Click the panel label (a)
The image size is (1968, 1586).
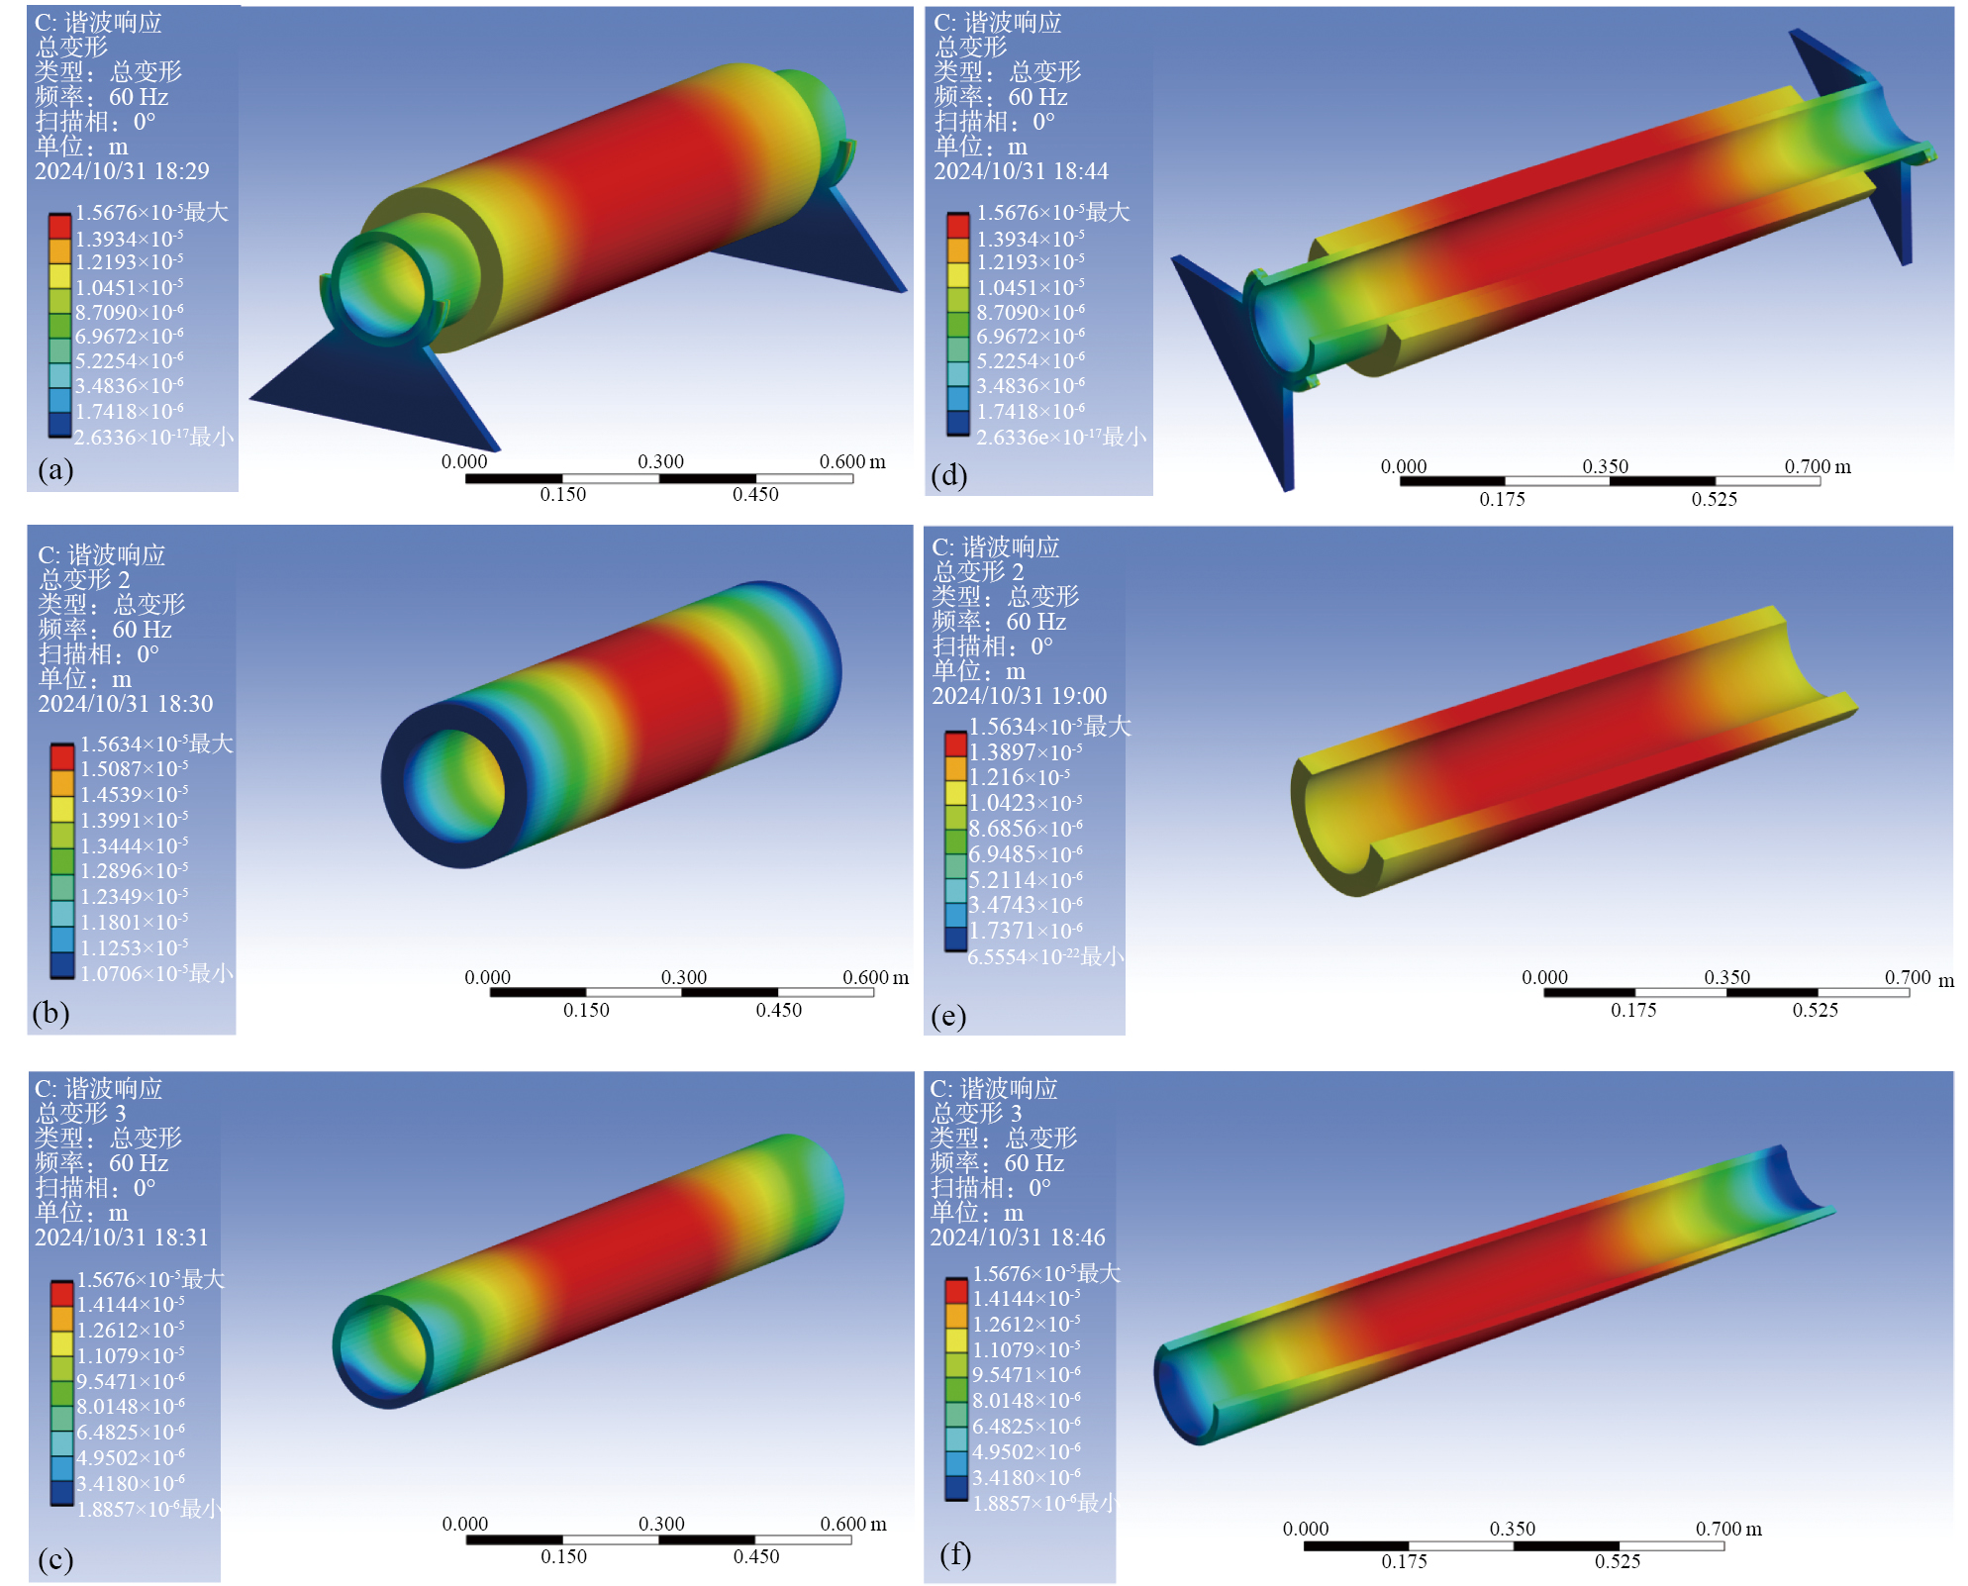coord(55,469)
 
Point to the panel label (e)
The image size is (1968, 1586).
coord(948,1017)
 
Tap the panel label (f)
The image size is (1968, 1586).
coord(954,1554)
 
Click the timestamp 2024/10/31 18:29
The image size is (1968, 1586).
coord(122,171)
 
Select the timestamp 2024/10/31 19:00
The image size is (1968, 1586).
coord(1019,696)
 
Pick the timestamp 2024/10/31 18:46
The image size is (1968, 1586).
coord(1018,1238)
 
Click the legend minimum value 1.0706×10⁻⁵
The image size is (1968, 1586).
coord(135,973)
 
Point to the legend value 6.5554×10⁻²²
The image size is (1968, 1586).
coord(1024,956)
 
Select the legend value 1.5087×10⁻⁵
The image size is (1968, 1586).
coord(135,769)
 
